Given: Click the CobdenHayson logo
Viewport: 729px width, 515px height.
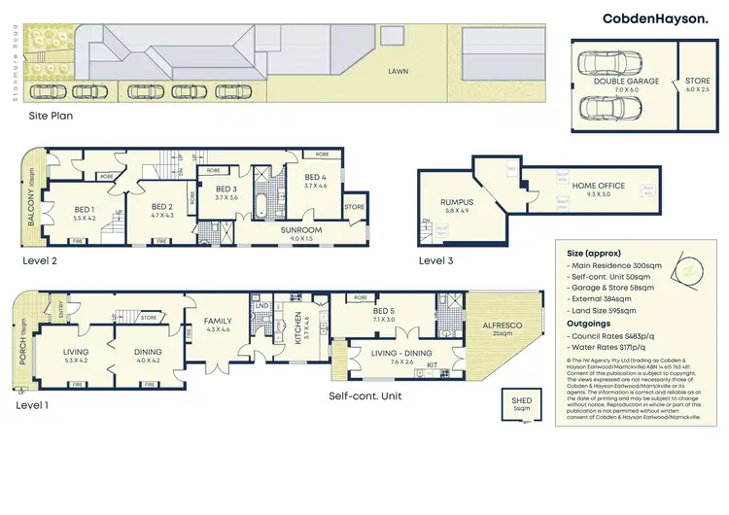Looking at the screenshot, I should [x=653, y=18].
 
